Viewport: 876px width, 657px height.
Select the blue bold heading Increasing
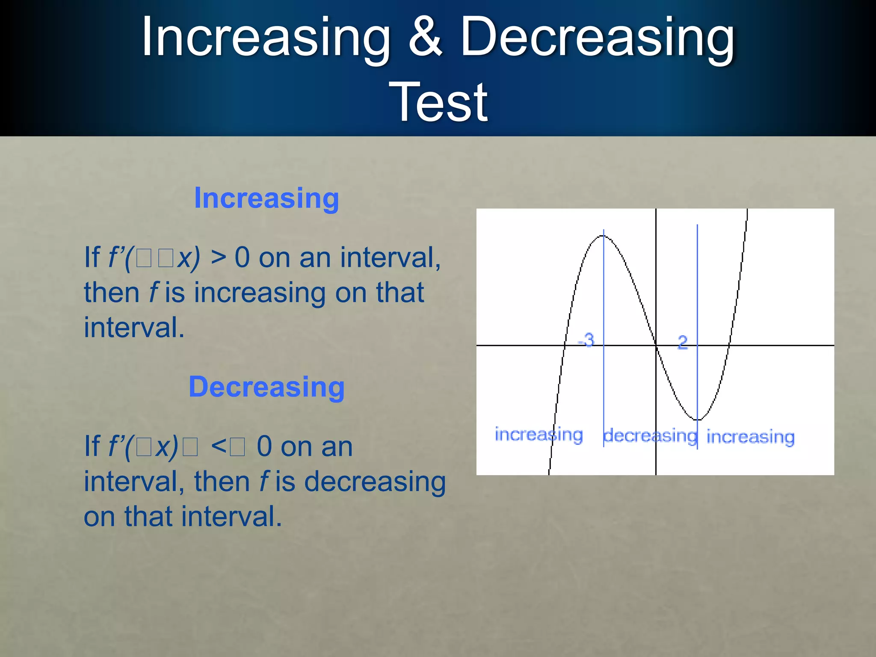266,198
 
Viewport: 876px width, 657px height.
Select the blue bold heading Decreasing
266,387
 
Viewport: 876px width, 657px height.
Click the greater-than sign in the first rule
218,258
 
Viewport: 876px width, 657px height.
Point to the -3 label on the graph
586,340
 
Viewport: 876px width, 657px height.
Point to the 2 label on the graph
683,342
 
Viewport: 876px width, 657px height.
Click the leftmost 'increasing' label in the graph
539,435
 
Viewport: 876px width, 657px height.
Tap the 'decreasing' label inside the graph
650,436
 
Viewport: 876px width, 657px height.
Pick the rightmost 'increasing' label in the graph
750,437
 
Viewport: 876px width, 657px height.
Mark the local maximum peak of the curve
604,236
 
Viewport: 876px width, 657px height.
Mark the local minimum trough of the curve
697,420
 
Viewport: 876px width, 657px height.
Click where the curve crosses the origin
656,345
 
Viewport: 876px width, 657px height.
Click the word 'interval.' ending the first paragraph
134,328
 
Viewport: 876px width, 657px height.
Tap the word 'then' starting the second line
112,293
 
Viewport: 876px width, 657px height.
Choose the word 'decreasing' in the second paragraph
375,482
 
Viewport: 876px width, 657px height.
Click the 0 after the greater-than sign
242,258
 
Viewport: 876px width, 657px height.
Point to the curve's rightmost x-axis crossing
729,345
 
